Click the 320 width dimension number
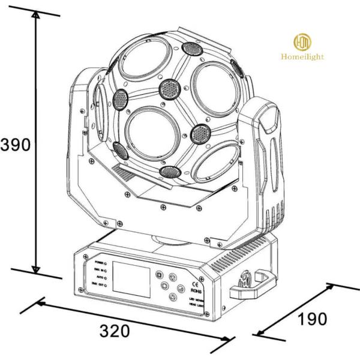tap(113, 331)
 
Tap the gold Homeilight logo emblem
tap(302, 43)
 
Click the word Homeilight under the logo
tap(302, 57)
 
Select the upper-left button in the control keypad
tap(160, 275)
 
